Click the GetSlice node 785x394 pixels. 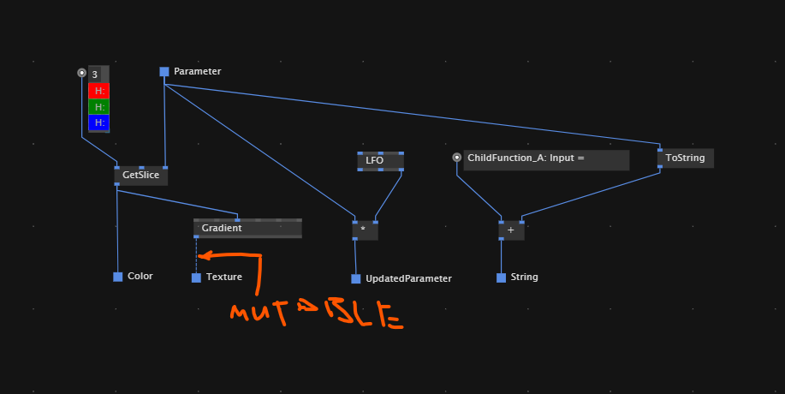click(141, 175)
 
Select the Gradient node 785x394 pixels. click(247, 228)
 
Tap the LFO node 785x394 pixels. click(380, 160)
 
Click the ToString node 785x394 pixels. click(685, 158)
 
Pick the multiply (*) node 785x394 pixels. click(365, 230)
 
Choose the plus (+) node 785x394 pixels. click(511, 230)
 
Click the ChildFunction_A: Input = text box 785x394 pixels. click(546, 158)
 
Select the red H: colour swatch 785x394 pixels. click(99, 91)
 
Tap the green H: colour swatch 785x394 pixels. click(99, 107)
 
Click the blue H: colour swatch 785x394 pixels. click(99, 122)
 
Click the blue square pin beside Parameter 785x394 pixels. click(164, 72)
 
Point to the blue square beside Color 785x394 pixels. click(118, 277)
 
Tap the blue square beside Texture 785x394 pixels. click(196, 278)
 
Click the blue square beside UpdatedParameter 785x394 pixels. click(356, 278)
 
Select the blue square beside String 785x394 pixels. click(501, 278)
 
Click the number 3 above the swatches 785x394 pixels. click(95, 75)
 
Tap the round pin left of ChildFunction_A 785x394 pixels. click(456, 158)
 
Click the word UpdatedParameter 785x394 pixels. click(408, 278)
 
